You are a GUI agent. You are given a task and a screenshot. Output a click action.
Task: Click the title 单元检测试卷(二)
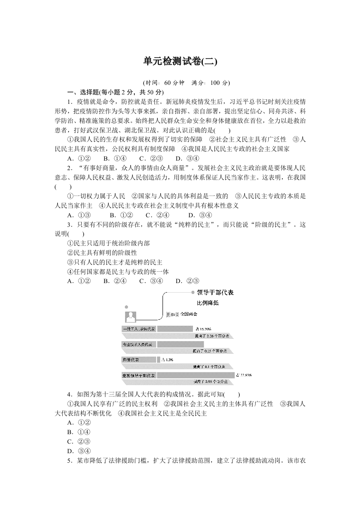(x=180, y=62)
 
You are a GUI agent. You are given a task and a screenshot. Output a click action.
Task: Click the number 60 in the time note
(x=169, y=83)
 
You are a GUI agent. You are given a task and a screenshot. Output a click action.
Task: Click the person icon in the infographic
(x=131, y=317)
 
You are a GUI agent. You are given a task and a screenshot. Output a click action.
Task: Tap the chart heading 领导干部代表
(x=216, y=293)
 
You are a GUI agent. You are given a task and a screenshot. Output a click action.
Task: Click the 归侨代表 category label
(x=131, y=360)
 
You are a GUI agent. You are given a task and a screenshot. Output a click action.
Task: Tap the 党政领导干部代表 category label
(x=139, y=376)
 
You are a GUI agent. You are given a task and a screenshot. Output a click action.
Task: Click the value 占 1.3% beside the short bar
(x=168, y=360)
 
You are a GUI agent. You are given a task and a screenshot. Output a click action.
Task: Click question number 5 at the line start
(x=69, y=460)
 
